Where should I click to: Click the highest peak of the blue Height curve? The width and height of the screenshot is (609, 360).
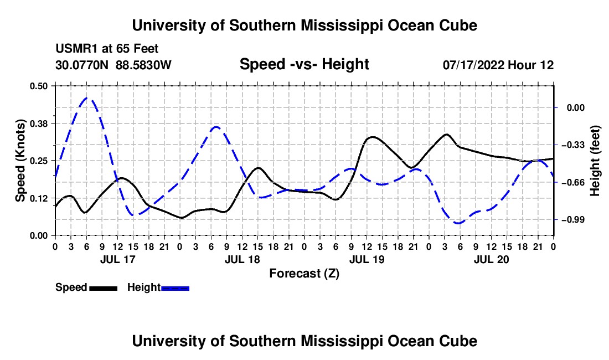click(86, 98)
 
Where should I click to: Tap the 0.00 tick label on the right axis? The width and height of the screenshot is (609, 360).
click(576, 107)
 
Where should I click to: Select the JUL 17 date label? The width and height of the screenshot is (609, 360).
click(118, 259)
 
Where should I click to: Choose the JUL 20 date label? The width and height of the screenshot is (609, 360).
click(491, 259)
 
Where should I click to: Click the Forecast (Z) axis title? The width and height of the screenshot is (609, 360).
click(304, 274)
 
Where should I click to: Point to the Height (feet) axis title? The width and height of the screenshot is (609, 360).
click(595, 161)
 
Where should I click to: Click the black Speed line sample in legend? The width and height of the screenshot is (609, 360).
click(104, 289)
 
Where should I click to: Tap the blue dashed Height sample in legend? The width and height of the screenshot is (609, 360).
click(175, 289)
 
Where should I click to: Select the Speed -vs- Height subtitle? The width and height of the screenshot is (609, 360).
click(304, 64)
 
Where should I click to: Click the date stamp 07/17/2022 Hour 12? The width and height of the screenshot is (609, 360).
click(498, 65)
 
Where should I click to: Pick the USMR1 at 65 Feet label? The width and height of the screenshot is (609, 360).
click(107, 49)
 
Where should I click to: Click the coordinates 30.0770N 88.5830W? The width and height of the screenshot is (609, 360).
click(113, 65)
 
